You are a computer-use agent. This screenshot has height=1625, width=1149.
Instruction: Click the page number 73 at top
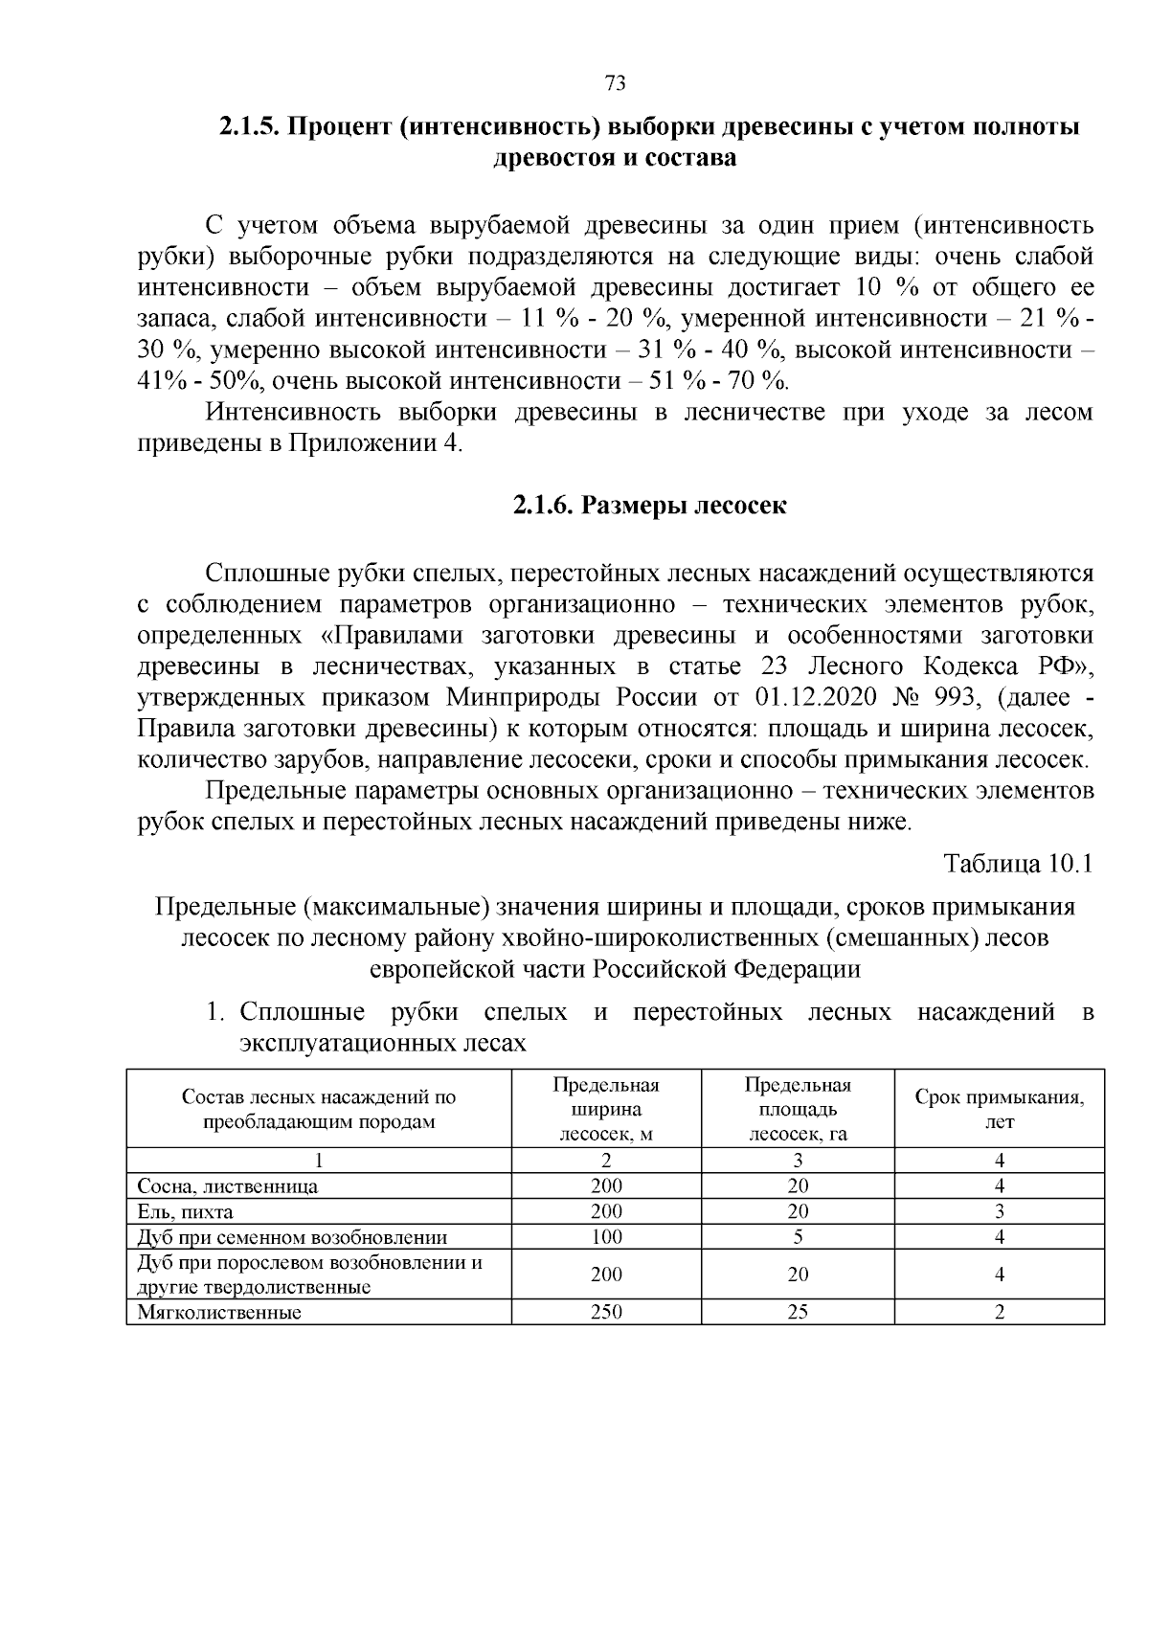coord(616,82)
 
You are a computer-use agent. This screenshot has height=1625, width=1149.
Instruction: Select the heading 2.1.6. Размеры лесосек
coord(649,505)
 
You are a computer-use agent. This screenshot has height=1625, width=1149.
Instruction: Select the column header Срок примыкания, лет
coord(999,1108)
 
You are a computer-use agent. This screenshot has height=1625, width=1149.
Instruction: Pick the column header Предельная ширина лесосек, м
coord(606,1109)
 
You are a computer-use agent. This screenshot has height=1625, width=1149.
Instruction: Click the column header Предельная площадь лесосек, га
coord(798,1109)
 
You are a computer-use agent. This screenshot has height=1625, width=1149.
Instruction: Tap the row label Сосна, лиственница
coord(228,1185)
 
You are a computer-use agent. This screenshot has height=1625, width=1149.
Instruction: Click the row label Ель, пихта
coord(186,1211)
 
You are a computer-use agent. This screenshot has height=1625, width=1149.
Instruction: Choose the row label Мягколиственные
coord(219,1312)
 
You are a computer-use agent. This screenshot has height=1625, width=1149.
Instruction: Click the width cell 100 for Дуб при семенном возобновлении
coord(606,1236)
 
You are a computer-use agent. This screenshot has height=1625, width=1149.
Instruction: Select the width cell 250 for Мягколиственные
coord(606,1312)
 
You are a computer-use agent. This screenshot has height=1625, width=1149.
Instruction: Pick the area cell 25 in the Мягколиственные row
coord(798,1312)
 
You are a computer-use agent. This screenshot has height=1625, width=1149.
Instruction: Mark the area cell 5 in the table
coord(798,1236)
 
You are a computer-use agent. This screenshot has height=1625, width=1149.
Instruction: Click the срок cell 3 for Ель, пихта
coord(999,1211)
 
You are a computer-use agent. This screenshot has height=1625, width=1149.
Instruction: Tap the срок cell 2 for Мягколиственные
coord(999,1312)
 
